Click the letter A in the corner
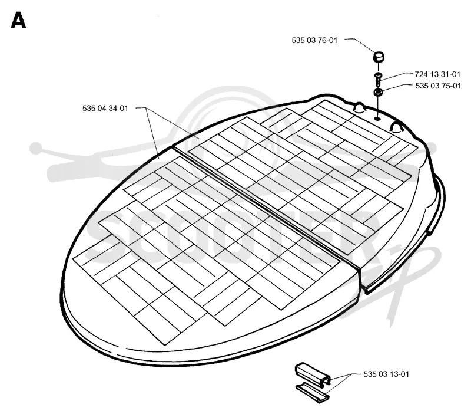18,20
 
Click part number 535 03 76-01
314,40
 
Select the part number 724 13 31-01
437,74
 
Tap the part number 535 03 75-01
438,86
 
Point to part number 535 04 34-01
105,108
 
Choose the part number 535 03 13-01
386,374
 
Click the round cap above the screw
379,56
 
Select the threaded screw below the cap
378,79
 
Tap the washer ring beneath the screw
378,92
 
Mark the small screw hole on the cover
377,119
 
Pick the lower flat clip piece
313,392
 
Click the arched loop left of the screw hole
359,107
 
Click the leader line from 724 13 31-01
396,76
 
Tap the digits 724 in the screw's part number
421,74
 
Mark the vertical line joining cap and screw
379,67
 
